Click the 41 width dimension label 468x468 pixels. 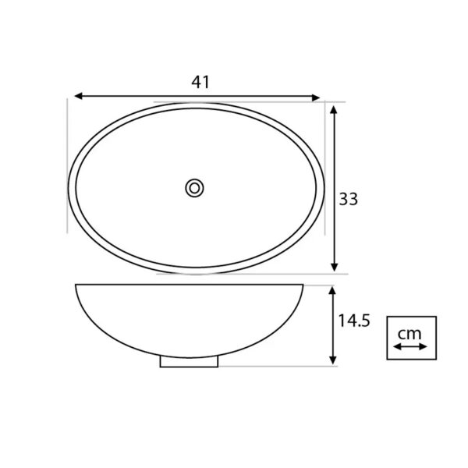(x=200, y=82)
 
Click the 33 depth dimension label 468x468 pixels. (x=349, y=199)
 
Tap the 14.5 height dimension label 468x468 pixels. (x=354, y=321)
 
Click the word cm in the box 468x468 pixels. (x=409, y=334)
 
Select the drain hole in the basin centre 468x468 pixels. (x=194, y=188)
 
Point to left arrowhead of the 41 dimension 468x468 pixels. (x=78, y=96)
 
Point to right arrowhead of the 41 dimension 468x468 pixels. (x=316, y=97)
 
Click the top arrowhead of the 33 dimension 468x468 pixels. (x=334, y=110)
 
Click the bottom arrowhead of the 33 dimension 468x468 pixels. (x=335, y=268)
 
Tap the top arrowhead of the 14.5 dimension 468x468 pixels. (x=332, y=290)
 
